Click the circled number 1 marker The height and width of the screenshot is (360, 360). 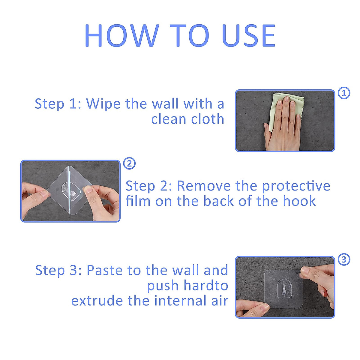tap(344, 93)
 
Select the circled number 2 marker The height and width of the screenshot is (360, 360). tap(129, 163)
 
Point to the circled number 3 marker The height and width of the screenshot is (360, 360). tap(344, 259)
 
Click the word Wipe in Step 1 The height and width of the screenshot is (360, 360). tap(103, 104)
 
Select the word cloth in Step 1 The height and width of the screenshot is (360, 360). tap(208, 119)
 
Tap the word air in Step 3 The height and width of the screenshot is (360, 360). tap(220, 301)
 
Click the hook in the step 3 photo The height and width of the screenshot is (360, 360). tap(284, 289)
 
